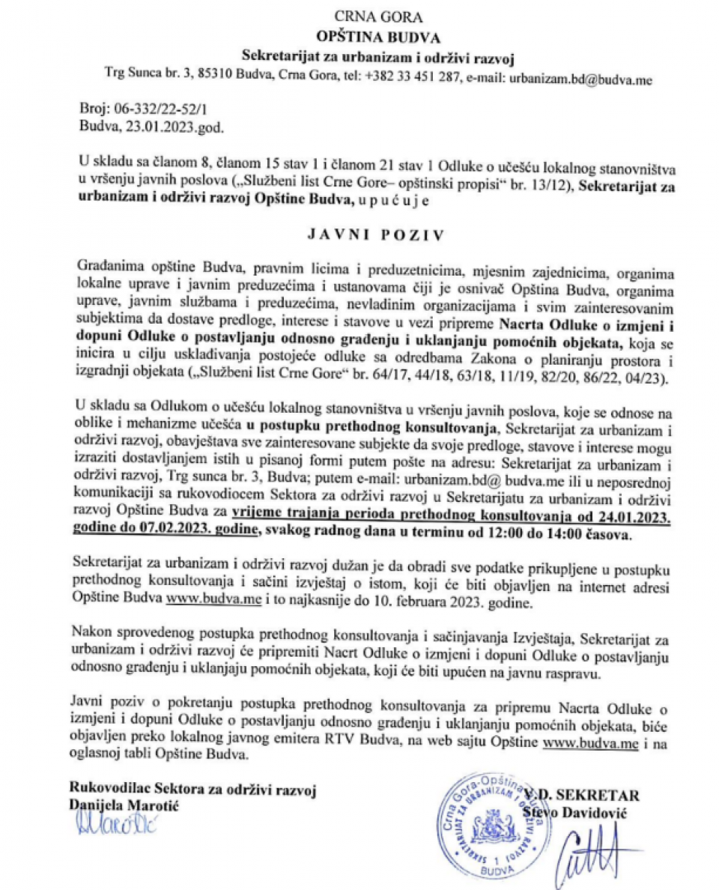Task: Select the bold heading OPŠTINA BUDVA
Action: click(367, 36)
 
